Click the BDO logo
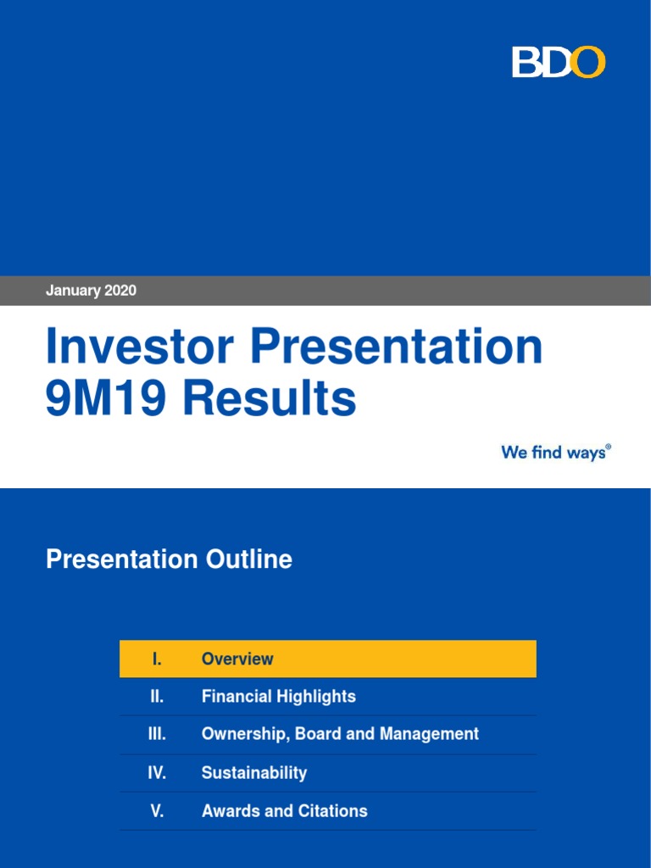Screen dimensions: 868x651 [x=559, y=63]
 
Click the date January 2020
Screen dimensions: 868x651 [x=91, y=291]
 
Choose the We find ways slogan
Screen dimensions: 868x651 [x=555, y=453]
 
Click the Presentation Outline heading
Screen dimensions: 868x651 [x=169, y=559]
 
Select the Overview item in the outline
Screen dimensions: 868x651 [x=237, y=659]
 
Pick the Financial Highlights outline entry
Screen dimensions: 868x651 [x=278, y=697]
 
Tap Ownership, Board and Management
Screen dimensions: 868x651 [x=340, y=734]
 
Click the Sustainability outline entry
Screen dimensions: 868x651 [x=253, y=773]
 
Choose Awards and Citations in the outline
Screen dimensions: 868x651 [x=284, y=811]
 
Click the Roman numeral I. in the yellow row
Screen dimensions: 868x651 [x=157, y=659]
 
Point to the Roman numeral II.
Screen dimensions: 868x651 [x=157, y=697]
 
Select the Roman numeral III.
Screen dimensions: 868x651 [x=157, y=734]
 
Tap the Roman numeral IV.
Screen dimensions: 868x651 [x=157, y=773]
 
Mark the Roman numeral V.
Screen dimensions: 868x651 [x=157, y=811]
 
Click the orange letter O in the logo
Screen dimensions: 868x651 [x=588, y=63]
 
